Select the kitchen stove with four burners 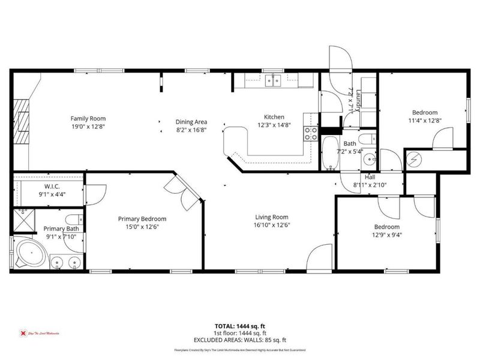tap(311, 133)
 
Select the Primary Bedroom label tap(142, 219)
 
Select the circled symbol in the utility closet tap(415, 159)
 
